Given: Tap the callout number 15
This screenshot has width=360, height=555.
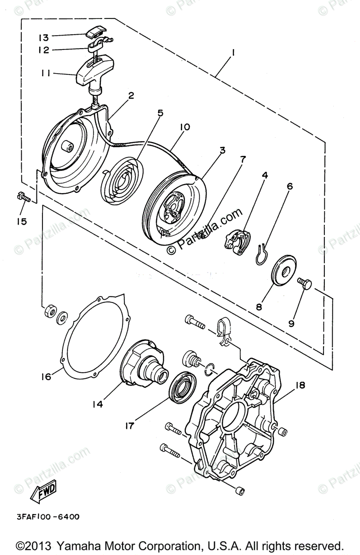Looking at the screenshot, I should (21, 222).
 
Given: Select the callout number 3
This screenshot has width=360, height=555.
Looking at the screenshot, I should (222, 150).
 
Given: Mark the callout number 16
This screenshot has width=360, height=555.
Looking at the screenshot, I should (45, 376).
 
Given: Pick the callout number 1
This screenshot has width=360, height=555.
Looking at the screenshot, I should (233, 53).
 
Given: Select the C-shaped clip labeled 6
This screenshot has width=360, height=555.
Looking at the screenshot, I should (262, 253).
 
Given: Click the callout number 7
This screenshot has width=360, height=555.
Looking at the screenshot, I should (243, 160).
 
